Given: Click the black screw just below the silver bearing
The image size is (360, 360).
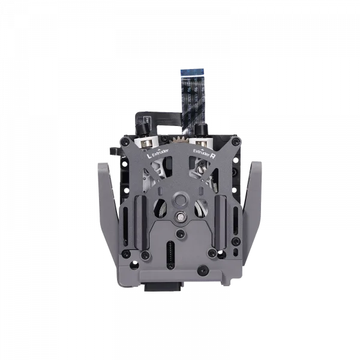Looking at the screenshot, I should pos(181,231).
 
